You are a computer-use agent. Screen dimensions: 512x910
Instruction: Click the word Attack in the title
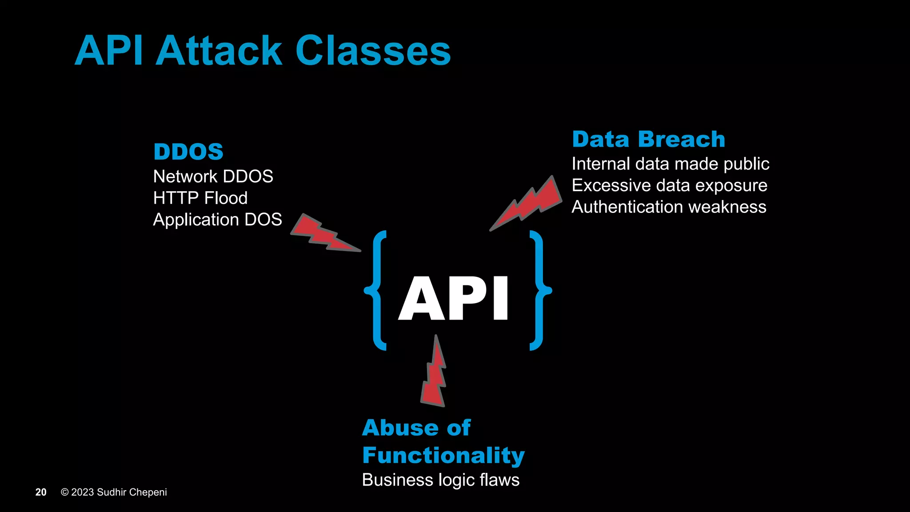tap(219, 51)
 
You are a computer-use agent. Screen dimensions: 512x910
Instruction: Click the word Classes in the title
tap(373, 51)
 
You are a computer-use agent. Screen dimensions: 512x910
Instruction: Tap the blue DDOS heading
tap(188, 152)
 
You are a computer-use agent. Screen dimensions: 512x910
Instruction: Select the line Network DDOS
tap(213, 176)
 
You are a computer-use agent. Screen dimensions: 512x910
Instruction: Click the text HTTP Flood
tap(200, 198)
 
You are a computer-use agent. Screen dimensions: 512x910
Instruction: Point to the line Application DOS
tap(217, 220)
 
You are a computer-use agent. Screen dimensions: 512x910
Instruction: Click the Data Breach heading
tap(648, 140)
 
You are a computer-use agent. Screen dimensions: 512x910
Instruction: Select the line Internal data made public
tap(670, 164)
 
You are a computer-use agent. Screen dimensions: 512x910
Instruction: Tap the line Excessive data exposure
tap(669, 185)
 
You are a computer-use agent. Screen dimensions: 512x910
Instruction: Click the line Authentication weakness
tap(669, 207)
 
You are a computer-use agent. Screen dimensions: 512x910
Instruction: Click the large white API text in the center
tap(453, 298)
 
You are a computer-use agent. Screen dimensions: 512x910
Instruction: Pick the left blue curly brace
tap(376, 291)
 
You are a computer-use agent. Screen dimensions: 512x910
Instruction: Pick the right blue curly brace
tap(539, 291)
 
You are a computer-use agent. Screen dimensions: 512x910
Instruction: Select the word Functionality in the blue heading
tap(443, 456)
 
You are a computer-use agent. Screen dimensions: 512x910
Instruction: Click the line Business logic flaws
tap(440, 480)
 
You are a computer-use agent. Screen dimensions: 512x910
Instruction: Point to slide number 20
tap(41, 492)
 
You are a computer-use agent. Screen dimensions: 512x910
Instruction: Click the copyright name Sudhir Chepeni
tap(132, 492)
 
